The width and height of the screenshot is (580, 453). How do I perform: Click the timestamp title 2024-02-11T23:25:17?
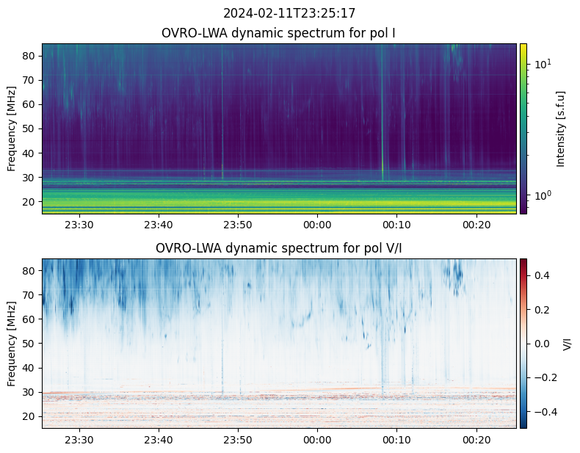point(289,13)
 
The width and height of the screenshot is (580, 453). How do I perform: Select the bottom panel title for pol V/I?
point(279,248)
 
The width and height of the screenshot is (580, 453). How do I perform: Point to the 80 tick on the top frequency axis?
point(30,56)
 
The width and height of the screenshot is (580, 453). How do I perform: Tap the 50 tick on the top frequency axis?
point(30,128)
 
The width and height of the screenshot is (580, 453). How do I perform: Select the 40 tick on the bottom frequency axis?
point(30,368)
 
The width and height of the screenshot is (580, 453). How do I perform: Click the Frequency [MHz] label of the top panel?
point(12,128)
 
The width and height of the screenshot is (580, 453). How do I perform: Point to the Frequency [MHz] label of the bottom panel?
point(12,344)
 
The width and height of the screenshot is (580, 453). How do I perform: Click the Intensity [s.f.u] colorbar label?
point(562,128)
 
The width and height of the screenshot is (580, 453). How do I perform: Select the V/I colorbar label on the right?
point(567,344)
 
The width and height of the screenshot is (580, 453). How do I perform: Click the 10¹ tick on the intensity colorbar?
point(542,65)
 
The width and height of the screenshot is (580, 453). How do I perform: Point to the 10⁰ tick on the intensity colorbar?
point(542,195)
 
